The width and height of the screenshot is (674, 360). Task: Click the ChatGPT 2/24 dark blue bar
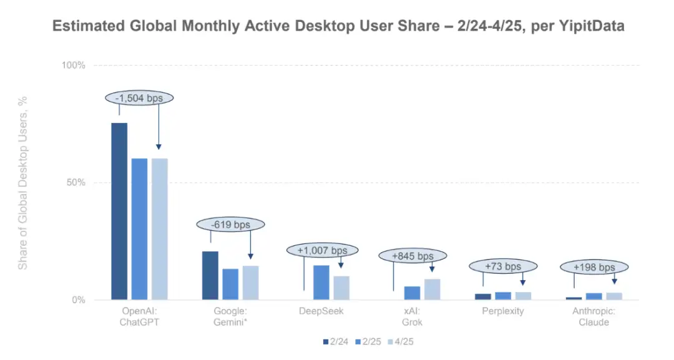tap(119, 211)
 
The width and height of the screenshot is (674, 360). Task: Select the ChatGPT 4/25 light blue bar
tap(160, 229)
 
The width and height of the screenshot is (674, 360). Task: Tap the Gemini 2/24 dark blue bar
tap(210, 275)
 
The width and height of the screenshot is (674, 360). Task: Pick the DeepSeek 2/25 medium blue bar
tap(321, 282)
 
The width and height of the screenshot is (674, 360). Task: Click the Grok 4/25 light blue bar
tap(432, 289)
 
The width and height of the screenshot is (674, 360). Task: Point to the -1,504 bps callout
tap(139, 97)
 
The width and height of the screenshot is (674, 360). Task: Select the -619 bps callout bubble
tap(231, 224)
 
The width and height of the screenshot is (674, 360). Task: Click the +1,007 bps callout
tap(323, 250)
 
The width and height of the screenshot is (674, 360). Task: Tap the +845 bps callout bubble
tap(413, 256)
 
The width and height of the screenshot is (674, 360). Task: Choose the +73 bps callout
tap(502, 266)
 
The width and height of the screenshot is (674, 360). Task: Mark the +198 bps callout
tap(595, 267)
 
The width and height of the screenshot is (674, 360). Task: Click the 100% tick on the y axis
tap(73, 65)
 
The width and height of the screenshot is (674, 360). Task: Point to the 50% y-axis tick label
tap(75, 183)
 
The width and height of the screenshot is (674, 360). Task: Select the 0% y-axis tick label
tap(77, 300)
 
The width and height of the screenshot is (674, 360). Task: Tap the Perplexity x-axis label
tap(503, 311)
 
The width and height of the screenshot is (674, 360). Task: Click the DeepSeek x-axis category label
tap(321, 311)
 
